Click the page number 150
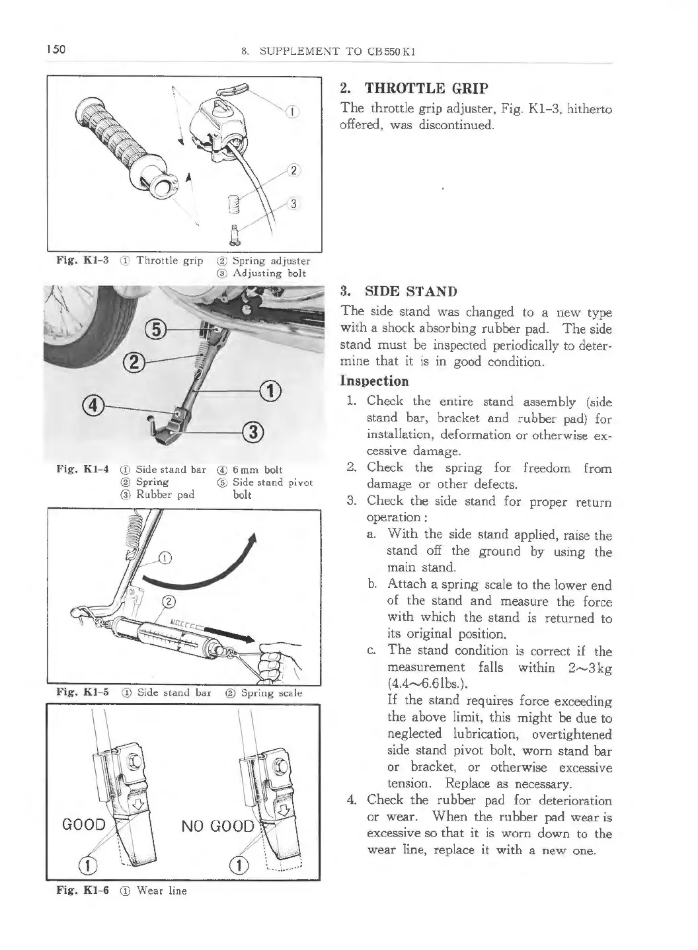(x=55, y=50)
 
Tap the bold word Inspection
(x=374, y=381)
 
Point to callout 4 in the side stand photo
(x=106, y=403)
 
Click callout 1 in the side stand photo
(x=270, y=390)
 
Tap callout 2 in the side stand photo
(x=135, y=361)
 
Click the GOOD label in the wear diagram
(x=83, y=824)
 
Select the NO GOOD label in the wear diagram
(x=217, y=826)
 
